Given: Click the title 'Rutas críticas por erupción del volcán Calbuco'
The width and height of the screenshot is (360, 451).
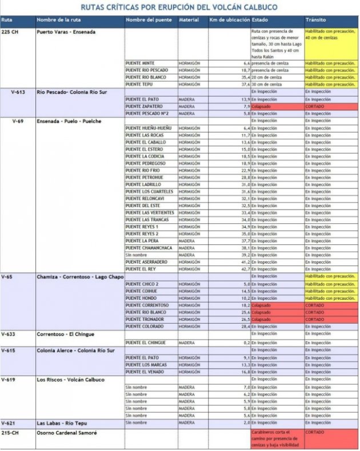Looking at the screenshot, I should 179,7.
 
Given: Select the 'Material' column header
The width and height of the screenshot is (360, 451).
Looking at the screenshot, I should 189,20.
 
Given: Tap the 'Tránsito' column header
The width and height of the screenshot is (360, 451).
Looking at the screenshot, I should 315,20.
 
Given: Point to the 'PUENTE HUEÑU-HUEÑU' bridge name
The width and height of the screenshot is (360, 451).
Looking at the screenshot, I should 149,128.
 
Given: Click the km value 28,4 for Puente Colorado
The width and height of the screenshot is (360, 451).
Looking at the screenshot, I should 244,327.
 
